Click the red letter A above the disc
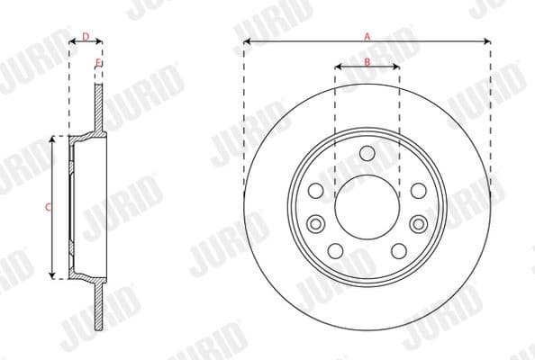[367, 36]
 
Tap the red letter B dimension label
[367, 61]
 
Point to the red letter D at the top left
[85, 36]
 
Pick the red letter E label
[98, 61]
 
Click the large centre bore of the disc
[367, 206]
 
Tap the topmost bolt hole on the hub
[367, 153]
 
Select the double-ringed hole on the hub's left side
[315, 223]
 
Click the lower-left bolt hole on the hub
[335, 251]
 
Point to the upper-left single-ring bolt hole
[315, 191]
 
